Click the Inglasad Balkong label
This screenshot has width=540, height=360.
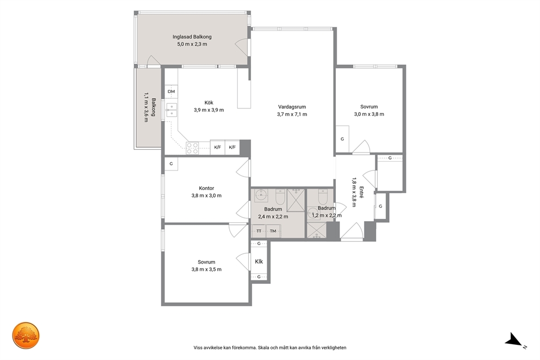coord(192,37)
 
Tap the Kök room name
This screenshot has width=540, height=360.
coord(208,102)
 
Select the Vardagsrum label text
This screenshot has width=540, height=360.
coord(292,107)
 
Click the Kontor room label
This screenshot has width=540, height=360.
coord(206,188)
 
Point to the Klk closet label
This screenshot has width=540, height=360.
coord(259,261)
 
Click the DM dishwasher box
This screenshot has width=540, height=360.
coord(171,91)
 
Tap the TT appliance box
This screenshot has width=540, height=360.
coord(259,231)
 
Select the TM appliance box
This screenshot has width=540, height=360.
coord(273,231)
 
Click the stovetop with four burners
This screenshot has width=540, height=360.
coord(192,148)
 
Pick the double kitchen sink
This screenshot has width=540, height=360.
coord(171,109)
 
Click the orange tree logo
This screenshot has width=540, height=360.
coord(26,335)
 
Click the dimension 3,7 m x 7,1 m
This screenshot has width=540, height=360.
coord(292,114)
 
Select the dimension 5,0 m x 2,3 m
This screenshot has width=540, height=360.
coord(192,44)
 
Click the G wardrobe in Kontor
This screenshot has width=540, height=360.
coord(171,164)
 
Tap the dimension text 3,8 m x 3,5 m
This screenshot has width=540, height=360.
coord(206,270)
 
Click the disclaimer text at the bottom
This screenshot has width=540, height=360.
coord(270,347)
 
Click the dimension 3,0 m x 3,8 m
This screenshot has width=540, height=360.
coord(369,114)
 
